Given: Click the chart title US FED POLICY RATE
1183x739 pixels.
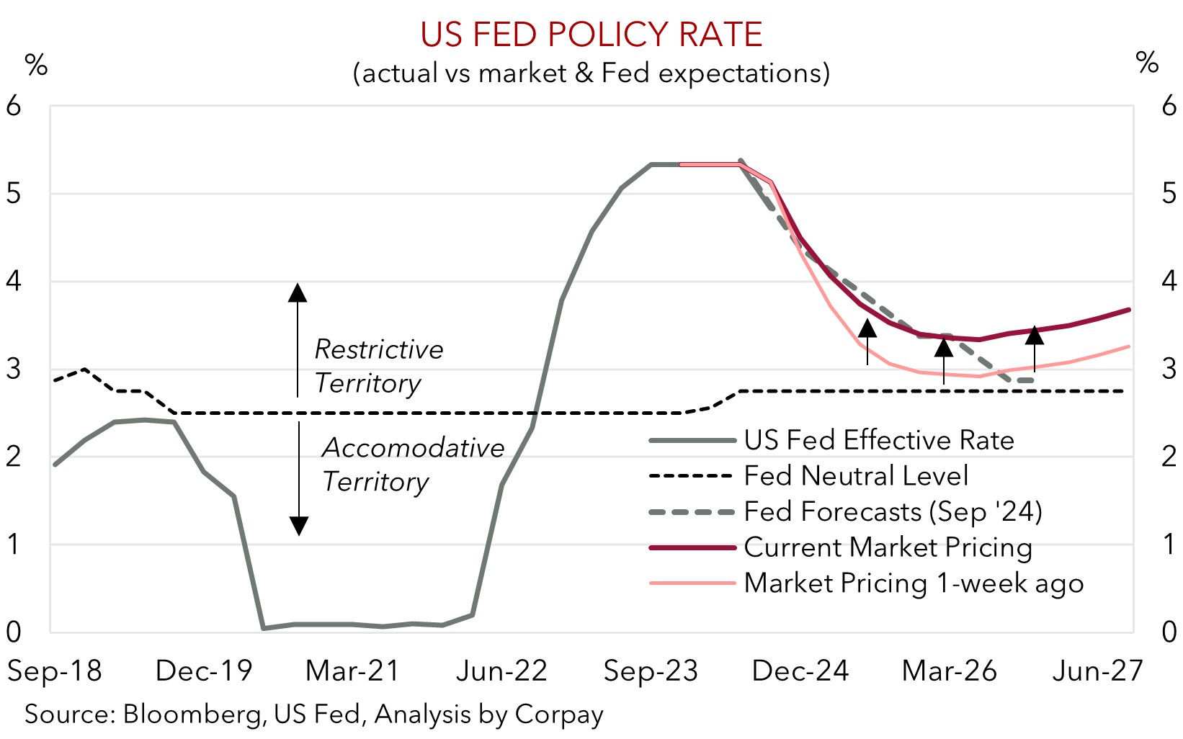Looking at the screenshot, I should click(x=591, y=34).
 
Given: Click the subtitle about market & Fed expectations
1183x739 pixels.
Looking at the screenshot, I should click(x=591, y=73).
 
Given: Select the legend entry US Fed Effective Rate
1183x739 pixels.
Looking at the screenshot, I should click(x=878, y=440).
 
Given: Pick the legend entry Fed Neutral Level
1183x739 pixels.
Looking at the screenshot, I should click(x=856, y=476).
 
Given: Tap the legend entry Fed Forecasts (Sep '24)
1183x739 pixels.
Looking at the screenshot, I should click(x=893, y=511).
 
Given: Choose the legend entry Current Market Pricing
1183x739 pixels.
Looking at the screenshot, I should click(x=888, y=547).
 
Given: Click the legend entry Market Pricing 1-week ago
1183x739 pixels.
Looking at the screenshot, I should click(x=913, y=583).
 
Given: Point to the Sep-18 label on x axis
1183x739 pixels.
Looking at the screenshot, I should click(x=54, y=671).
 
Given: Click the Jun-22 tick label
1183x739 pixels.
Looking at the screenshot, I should click(x=502, y=671).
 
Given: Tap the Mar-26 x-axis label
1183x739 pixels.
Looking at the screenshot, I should click(x=949, y=671).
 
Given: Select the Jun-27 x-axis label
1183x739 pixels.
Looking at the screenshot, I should click(x=1097, y=671).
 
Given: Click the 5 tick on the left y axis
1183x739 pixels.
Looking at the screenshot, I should click(x=14, y=194).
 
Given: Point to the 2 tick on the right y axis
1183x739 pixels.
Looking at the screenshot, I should click(x=1169, y=457).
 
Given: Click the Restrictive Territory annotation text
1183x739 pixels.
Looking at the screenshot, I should click(x=378, y=366).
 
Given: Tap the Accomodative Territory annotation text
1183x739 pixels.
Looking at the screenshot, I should click(x=412, y=465).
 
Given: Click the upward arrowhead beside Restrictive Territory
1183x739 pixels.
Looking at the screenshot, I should click(x=298, y=292).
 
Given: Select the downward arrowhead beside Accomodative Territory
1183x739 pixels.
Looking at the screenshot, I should click(x=299, y=527).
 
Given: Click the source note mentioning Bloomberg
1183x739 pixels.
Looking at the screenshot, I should click(x=314, y=715).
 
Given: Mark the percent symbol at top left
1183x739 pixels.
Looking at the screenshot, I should click(x=36, y=65).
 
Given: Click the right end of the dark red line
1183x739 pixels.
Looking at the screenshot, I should click(x=1128, y=310).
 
